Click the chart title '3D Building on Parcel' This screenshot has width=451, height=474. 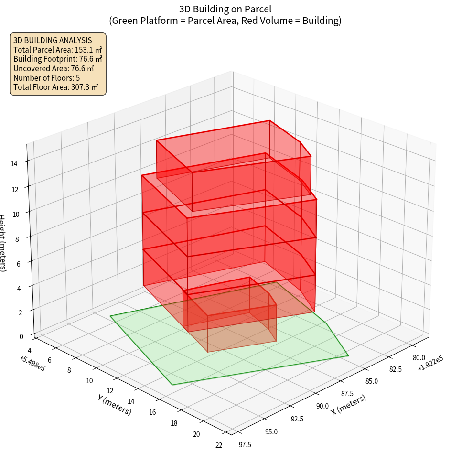225,9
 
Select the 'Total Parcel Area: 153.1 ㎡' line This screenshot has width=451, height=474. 57,49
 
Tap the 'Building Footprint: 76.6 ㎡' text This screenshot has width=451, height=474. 58,59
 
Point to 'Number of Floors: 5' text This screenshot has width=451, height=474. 46,78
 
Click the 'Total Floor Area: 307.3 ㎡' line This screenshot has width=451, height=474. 56,87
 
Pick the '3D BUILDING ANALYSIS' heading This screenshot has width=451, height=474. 53,40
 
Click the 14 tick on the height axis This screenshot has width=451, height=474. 14,163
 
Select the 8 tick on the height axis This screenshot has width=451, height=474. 17,238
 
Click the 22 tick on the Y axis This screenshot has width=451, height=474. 219,445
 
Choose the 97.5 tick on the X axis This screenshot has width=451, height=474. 244,444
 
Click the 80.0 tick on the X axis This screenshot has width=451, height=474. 419,357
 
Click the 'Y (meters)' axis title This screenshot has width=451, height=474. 115,404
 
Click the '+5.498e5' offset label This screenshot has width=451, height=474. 32,364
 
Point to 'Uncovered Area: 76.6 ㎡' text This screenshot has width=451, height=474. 57,68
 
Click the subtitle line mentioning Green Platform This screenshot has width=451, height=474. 225,21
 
